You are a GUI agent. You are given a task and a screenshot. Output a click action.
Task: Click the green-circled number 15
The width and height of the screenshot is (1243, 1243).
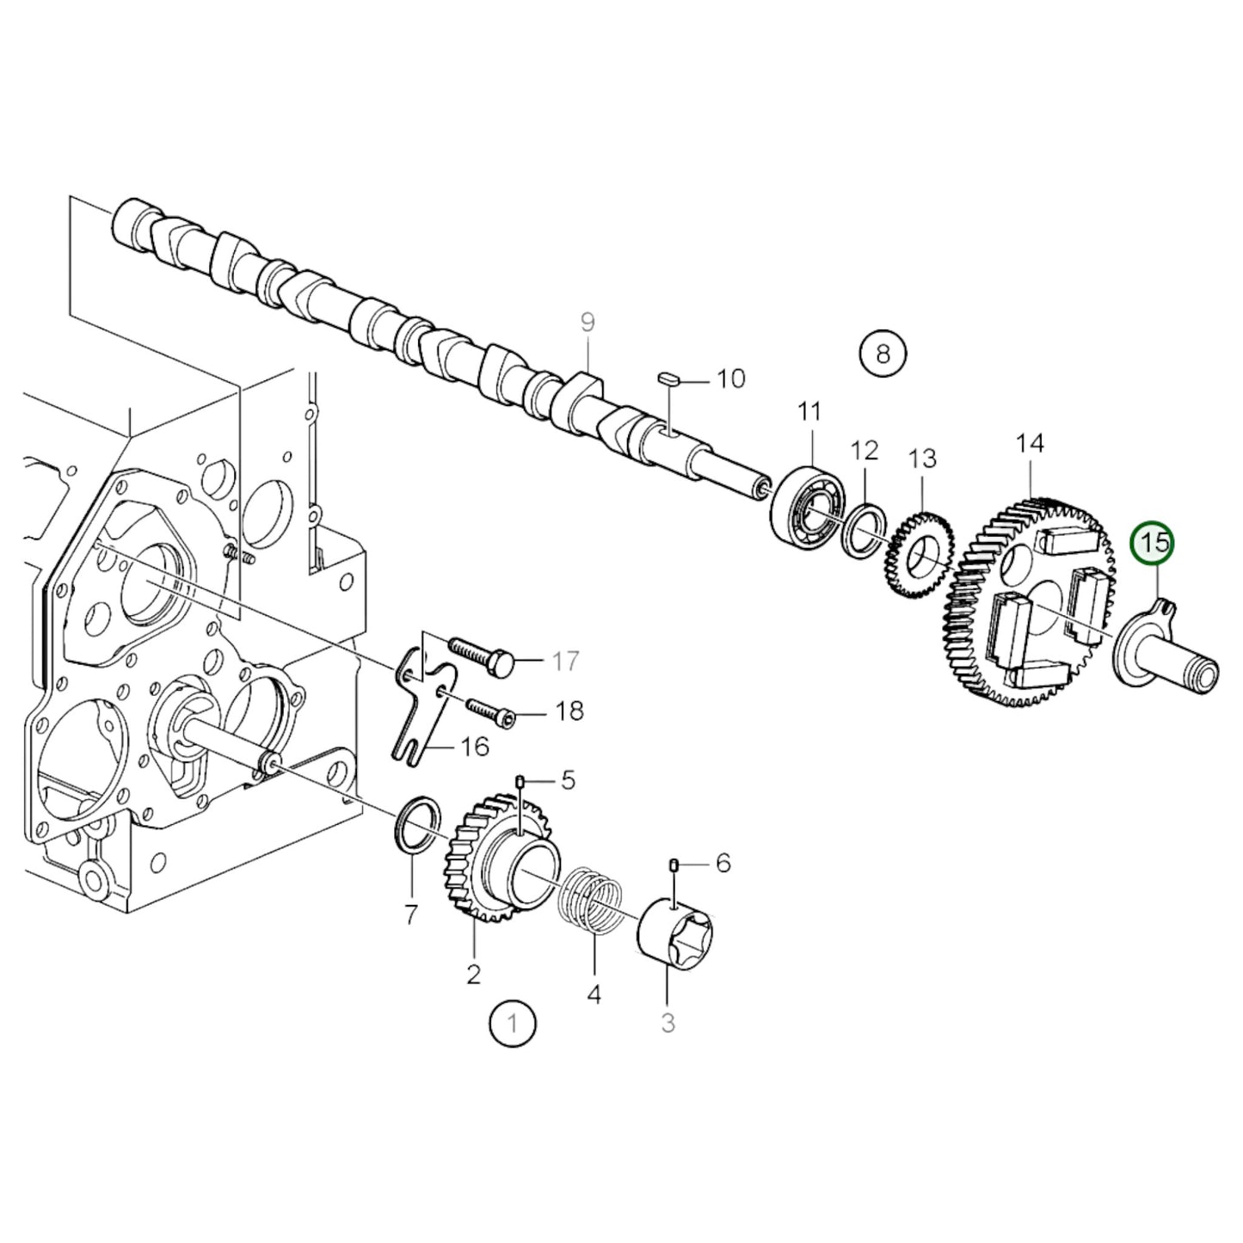click(x=1154, y=543)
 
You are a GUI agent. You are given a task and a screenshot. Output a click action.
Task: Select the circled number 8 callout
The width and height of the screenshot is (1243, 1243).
click(x=883, y=353)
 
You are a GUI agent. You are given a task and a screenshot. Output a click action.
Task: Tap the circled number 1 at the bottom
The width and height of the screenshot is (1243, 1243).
click(x=513, y=1024)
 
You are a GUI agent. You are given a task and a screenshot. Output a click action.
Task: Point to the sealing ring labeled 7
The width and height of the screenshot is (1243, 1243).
click(x=418, y=827)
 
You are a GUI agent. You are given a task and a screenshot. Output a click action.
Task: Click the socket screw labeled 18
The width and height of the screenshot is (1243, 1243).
click(x=489, y=711)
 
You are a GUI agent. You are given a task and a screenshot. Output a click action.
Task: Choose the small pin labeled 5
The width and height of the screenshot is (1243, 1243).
click(x=520, y=781)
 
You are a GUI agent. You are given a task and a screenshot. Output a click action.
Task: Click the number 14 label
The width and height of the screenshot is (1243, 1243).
click(x=1029, y=444)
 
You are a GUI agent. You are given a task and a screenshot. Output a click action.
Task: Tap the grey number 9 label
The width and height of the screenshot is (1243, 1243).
click(x=587, y=323)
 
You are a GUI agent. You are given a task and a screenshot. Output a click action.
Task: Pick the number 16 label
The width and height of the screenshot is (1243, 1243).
click(x=475, y=747)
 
